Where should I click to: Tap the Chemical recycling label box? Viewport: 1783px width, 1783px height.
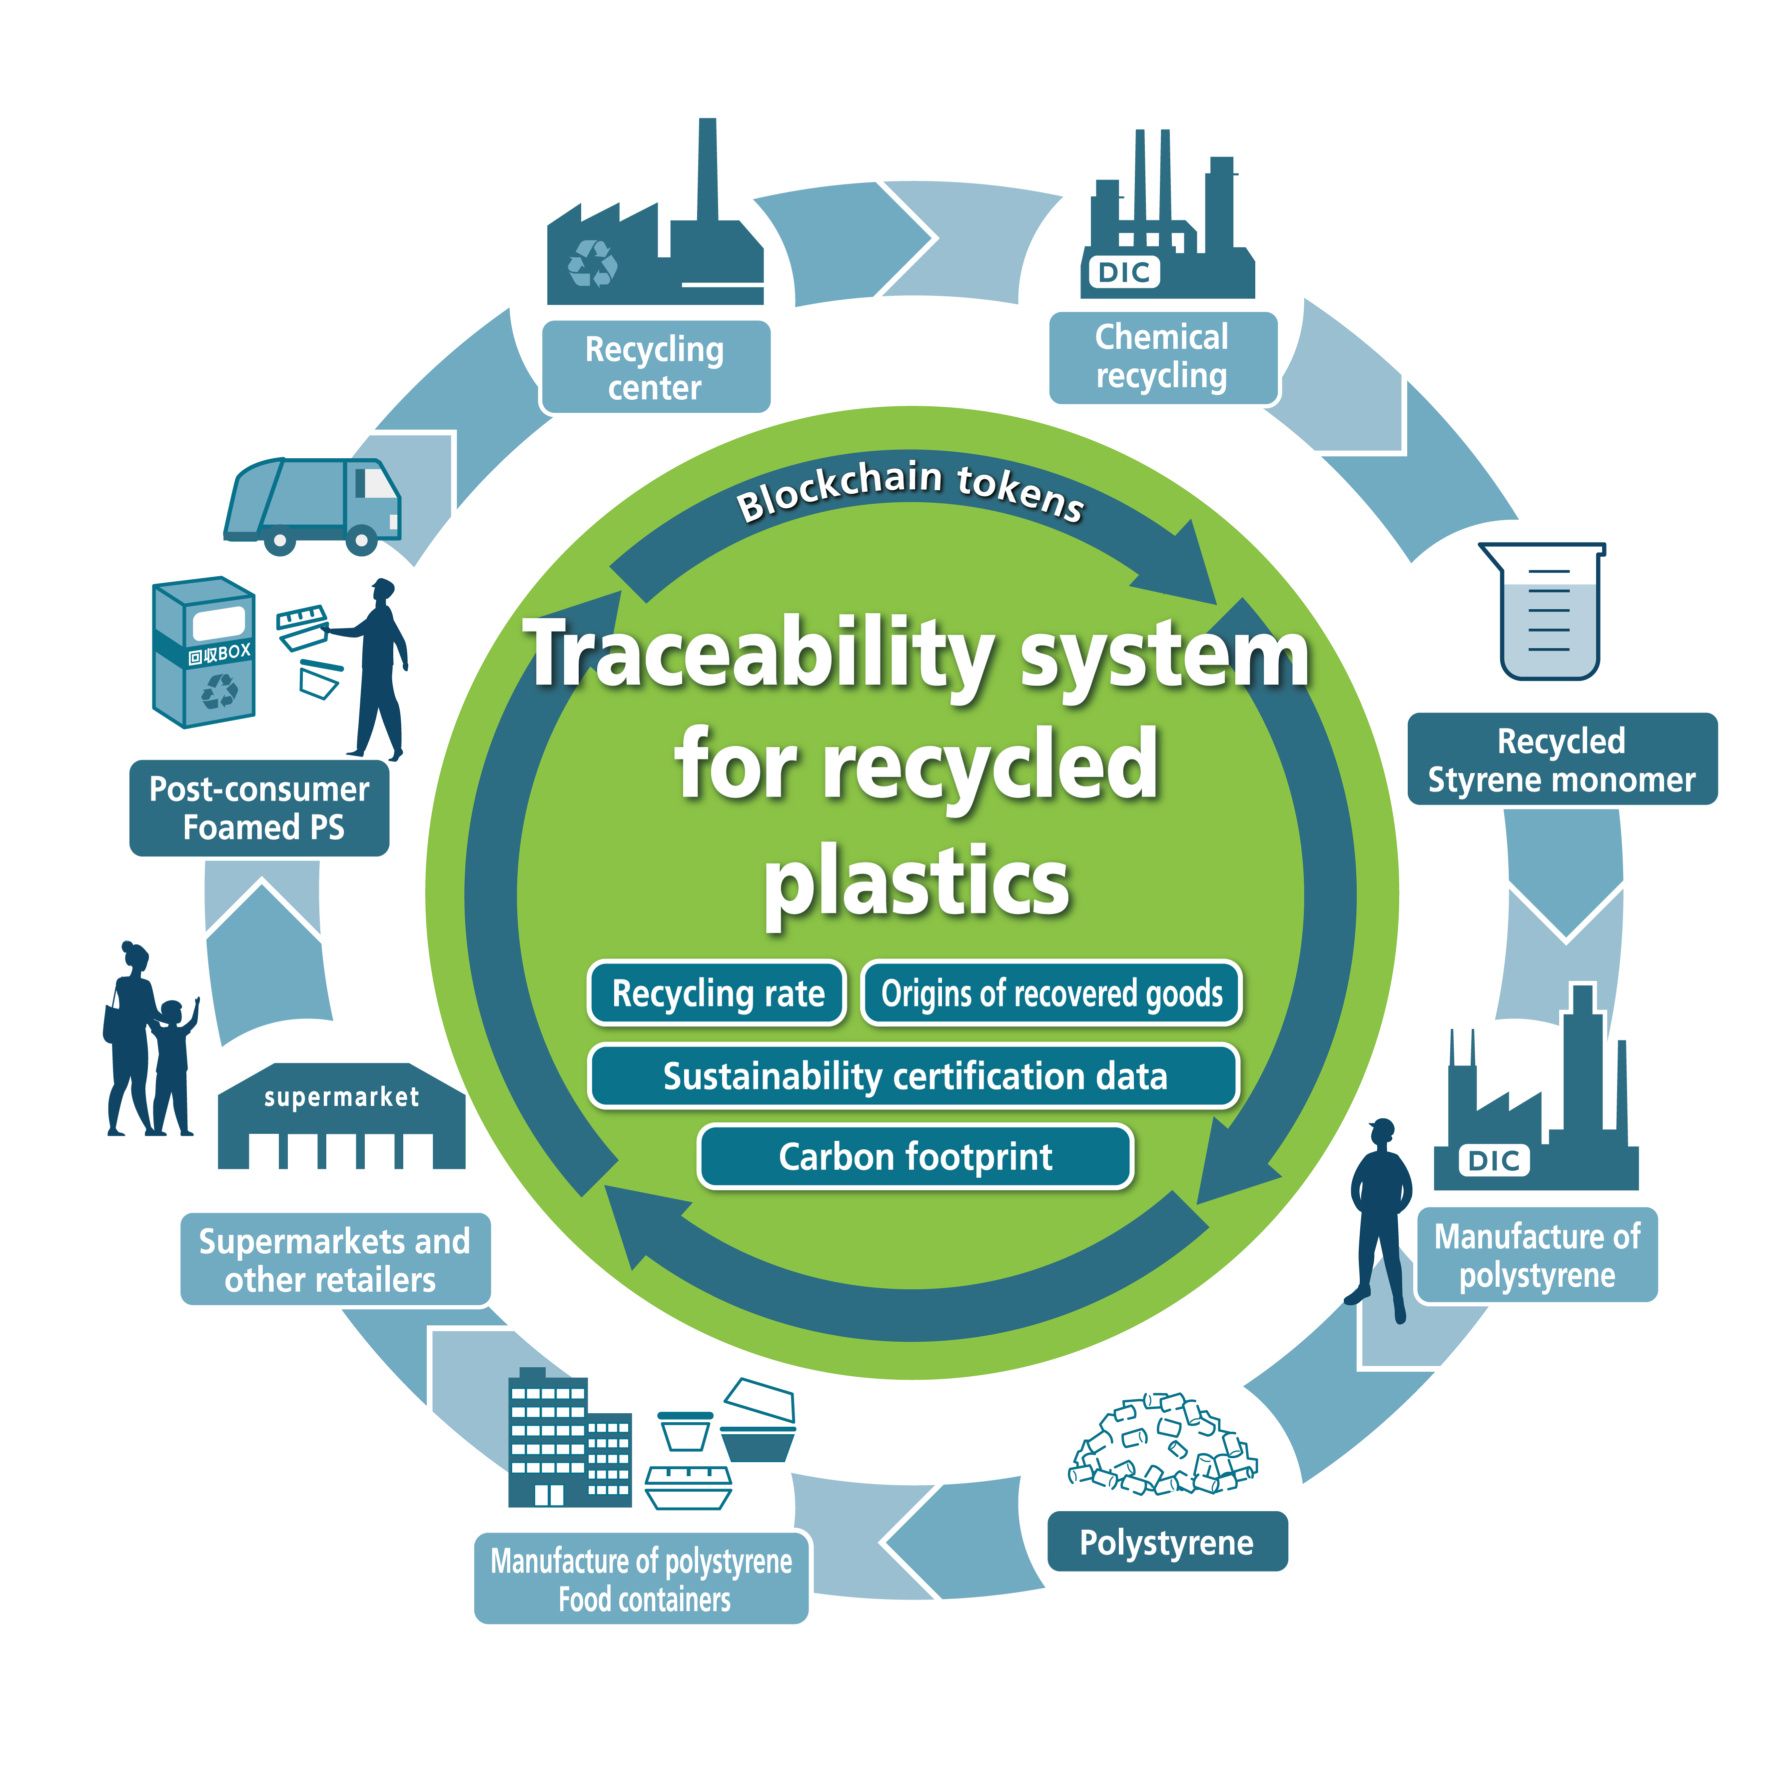pyautogui.click(x=1163, y=357)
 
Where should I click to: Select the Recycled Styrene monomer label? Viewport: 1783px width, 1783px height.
pyautogui.click(x=1562, y=759)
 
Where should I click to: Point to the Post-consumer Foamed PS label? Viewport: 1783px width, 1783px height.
pyautogui.click(x=259, y=808)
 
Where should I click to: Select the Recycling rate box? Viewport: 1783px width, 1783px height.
pyautogui.click(x=717, y=993)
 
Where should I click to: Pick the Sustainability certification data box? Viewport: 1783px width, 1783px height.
pyautogui.click(x=914, y=1075)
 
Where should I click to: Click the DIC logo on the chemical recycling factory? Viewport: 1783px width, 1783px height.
pyautogui.click(x=1124, y=272)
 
